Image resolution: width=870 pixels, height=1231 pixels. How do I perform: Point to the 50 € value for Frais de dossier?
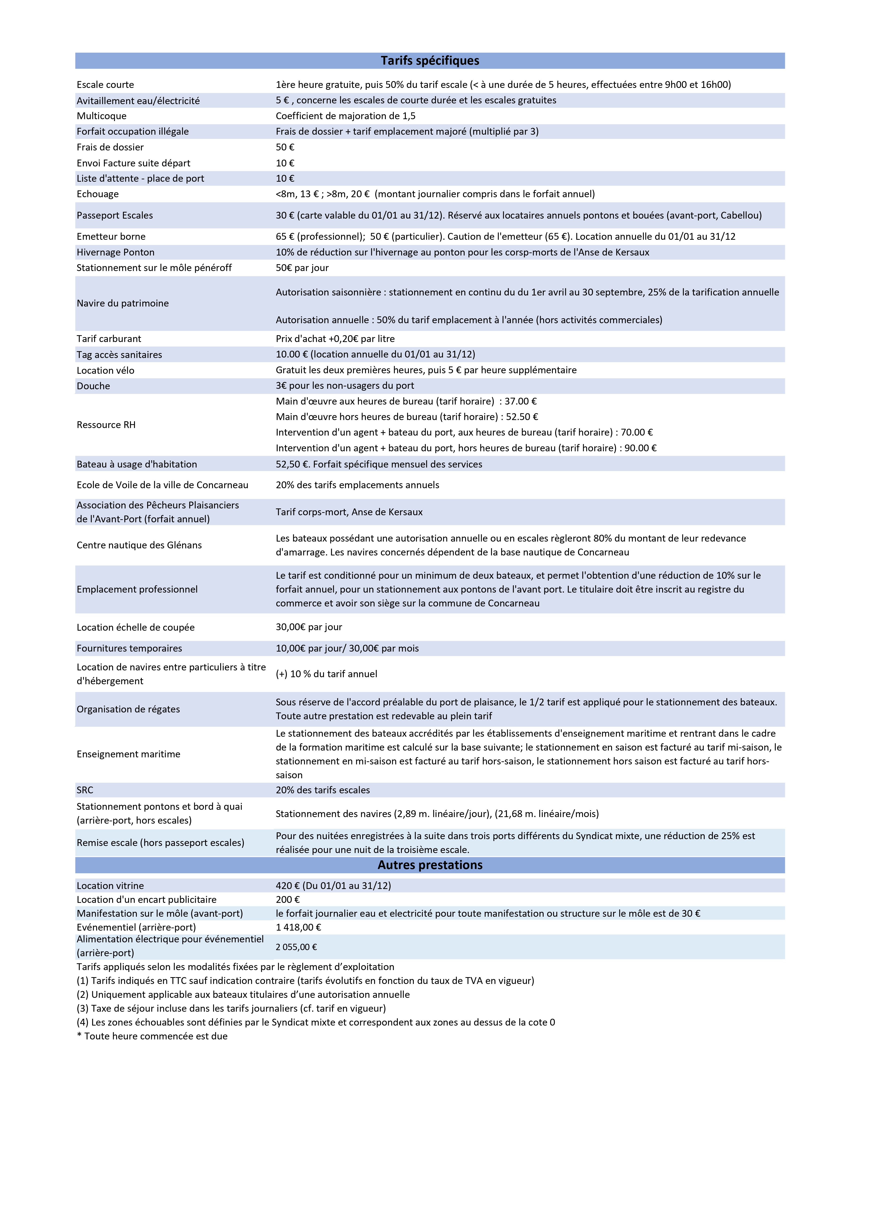click(285, 147)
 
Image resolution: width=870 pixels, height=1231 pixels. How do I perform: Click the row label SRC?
click(85, 790)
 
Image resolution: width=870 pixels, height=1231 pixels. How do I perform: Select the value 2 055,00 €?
click(296, 947)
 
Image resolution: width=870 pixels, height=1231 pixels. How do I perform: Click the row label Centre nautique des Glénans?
click(139, 545)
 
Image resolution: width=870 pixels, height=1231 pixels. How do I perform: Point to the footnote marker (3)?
click(83, 1008)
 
